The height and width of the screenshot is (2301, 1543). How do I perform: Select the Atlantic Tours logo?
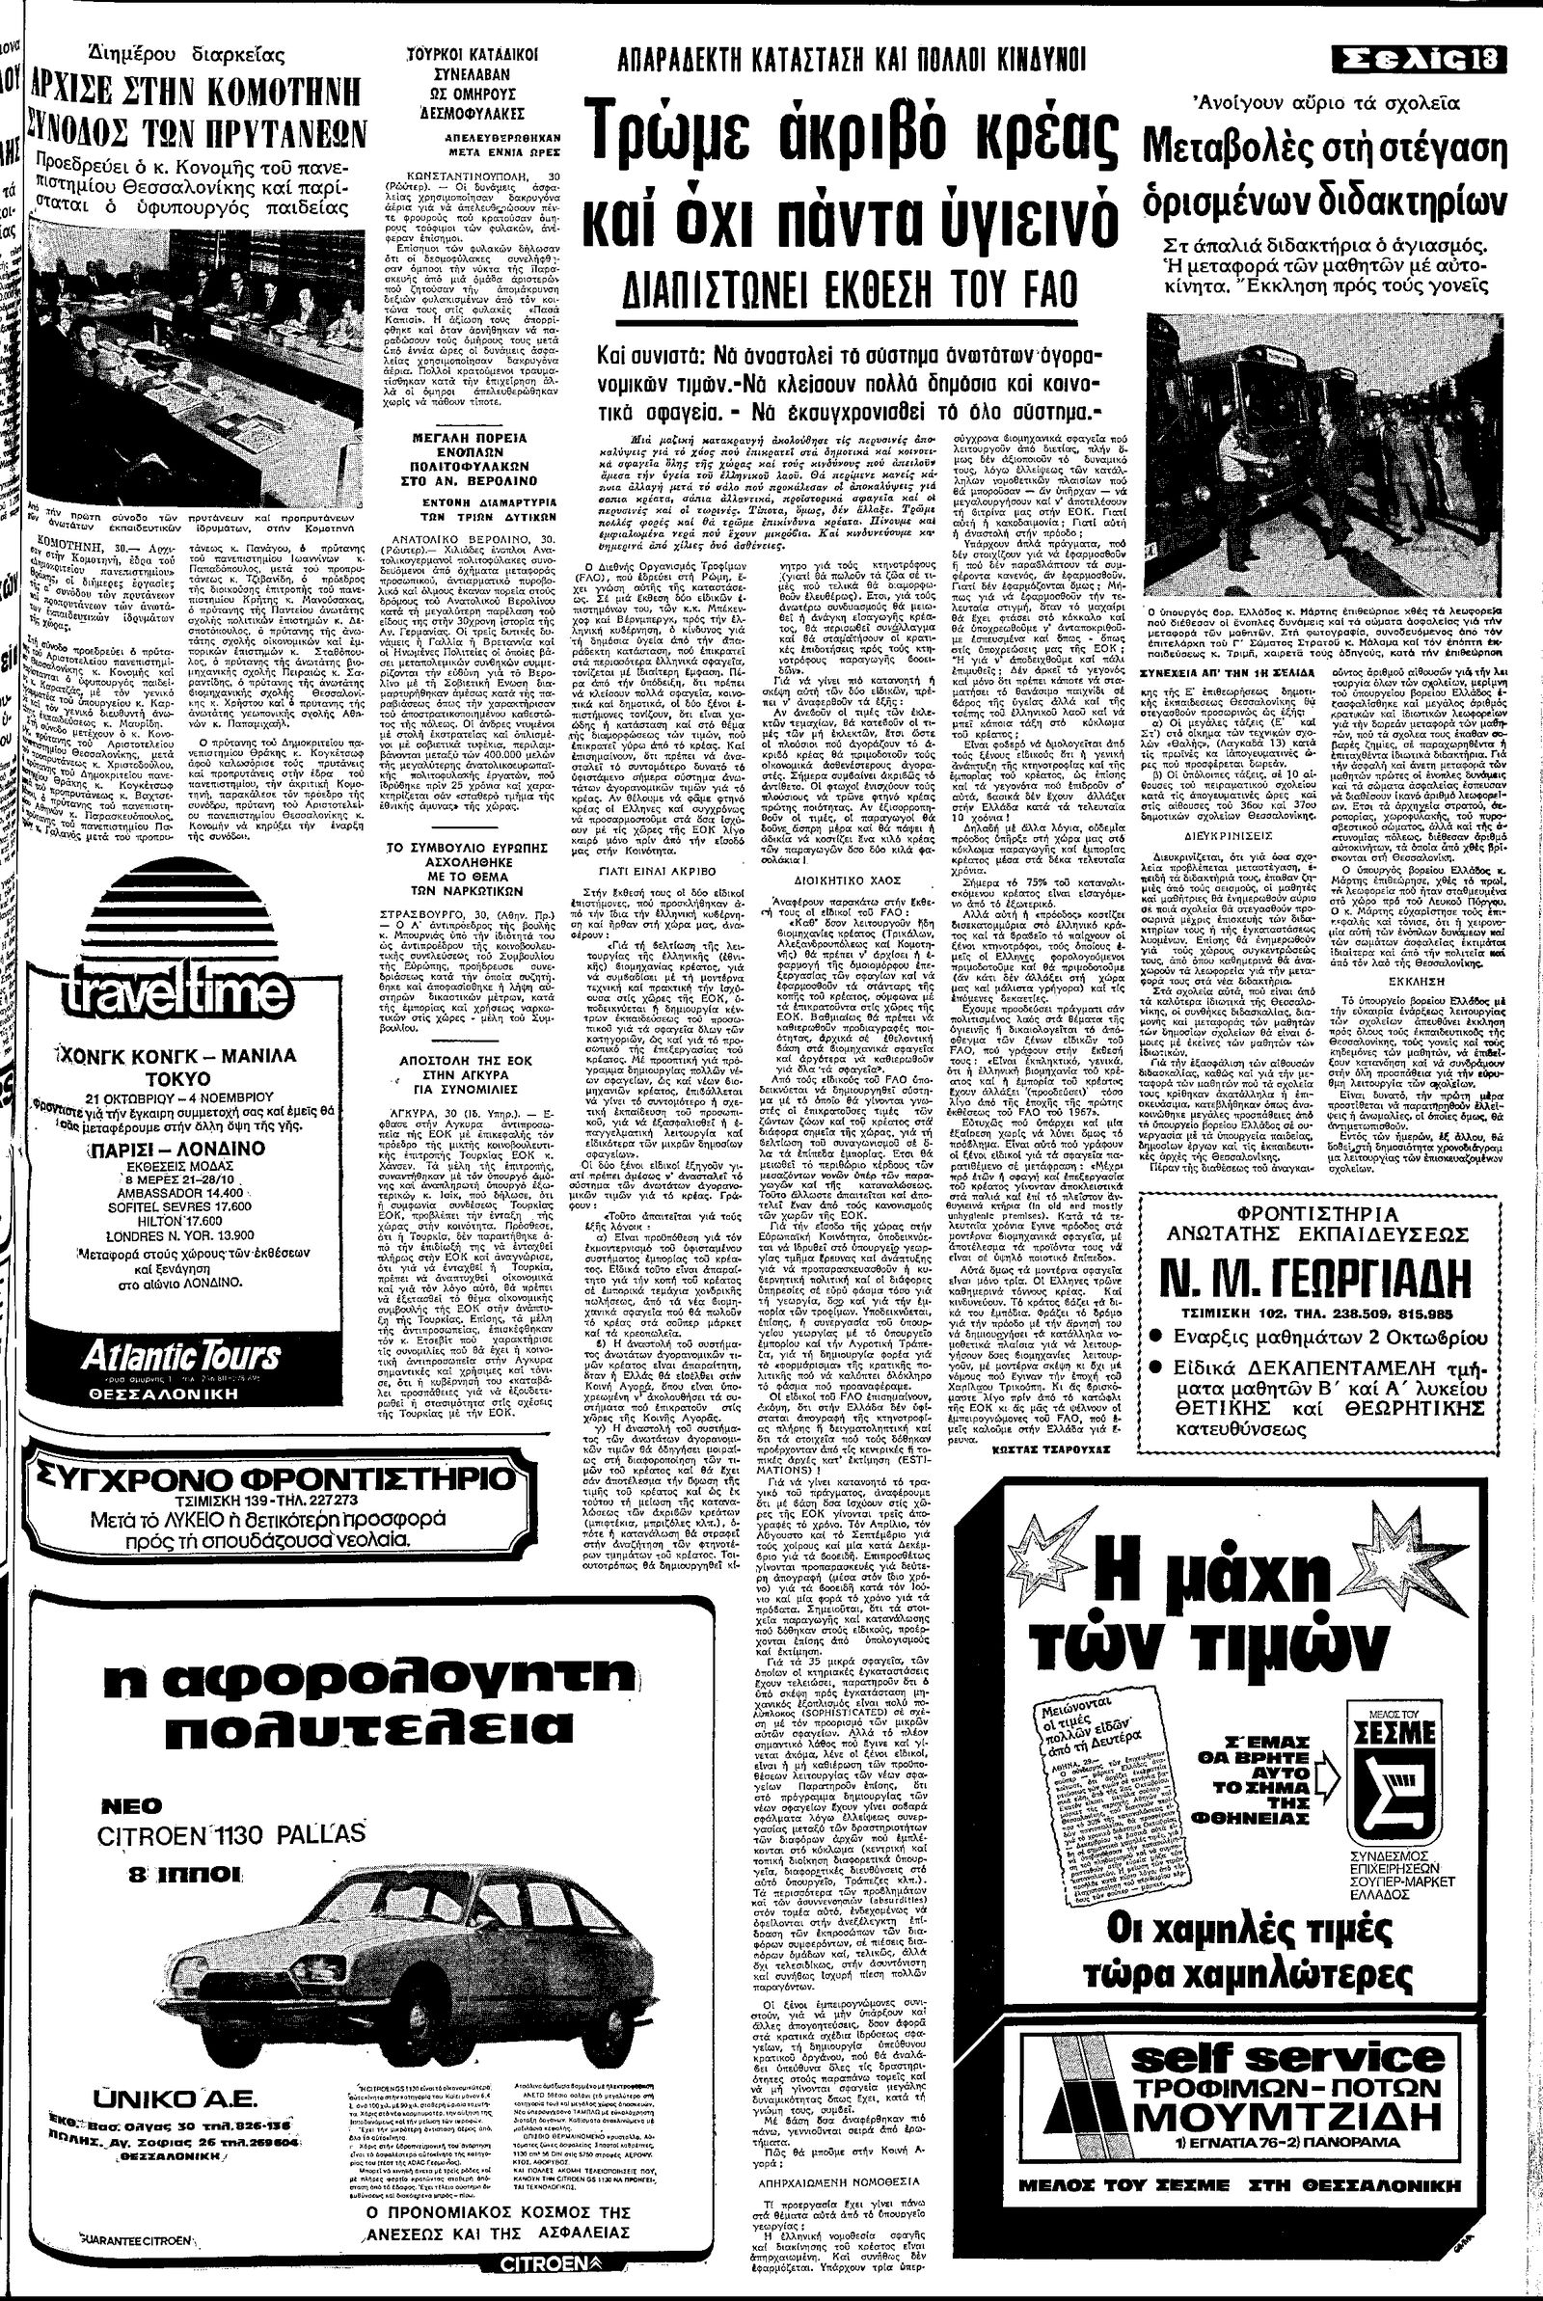(182, 1356)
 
